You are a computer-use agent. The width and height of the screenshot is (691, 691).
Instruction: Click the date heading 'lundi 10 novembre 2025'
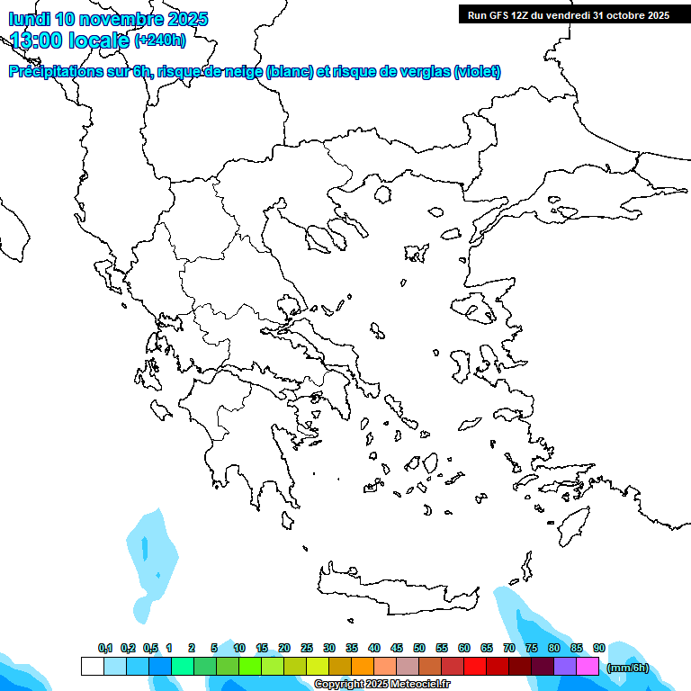[108, 19]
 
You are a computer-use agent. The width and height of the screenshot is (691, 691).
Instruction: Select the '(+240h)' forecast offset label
[160, 40]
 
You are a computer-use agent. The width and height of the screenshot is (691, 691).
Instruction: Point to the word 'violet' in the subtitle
[477, 72]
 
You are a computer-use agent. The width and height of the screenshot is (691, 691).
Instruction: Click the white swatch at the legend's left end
[92, 666]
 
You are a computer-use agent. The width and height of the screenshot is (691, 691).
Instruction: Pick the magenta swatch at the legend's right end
[588, 666]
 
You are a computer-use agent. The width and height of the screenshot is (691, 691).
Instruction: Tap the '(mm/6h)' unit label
[628, 668]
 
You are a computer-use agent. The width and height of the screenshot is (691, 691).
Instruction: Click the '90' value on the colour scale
[599, 648]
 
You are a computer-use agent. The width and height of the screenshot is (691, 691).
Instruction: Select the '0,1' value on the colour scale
[105, 648]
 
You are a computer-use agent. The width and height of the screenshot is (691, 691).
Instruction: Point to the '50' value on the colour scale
[419, 648]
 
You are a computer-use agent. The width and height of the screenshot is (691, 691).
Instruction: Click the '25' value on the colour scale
[307, 648]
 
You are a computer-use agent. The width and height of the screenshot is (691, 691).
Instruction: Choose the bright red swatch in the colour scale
[475, 666]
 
